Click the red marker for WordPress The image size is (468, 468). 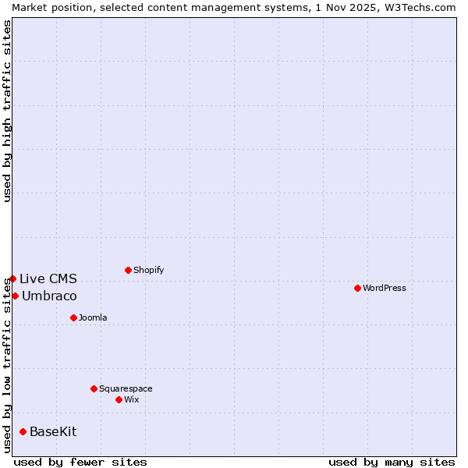(357, 288)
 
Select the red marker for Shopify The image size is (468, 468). (128, 270)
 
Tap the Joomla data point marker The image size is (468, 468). (73, 317)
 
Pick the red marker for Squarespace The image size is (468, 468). (94, 388)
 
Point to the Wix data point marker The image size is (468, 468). (119, 399)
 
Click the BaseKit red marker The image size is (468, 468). (23, 431)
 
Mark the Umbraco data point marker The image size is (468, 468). (15, 296)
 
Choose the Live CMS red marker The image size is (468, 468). (12, 278)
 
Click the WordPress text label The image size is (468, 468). (385, 288)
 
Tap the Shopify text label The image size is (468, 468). (148, 270)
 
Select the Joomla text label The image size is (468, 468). (93, 317)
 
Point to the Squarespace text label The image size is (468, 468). (126, 388)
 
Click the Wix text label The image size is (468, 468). (132, 399)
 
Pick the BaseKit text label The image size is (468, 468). (53, 431)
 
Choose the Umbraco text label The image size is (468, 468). (49, 296)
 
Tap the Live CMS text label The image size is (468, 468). (48, 278)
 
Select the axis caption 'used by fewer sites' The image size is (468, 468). (80, 462)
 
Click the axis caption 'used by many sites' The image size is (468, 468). (392, 462)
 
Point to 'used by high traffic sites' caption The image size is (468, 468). (7, 111)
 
